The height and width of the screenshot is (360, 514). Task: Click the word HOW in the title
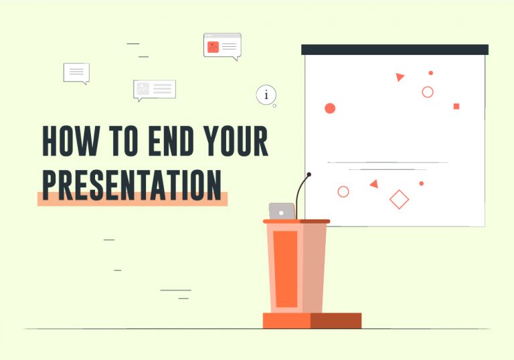[70, 141]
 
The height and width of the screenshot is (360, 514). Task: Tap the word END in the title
[171, 141]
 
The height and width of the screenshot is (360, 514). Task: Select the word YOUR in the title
[236, 141]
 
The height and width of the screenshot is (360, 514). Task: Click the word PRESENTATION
[132, 185]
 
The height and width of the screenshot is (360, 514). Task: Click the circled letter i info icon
[266, 95]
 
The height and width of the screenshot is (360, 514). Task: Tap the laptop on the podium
[282, 211]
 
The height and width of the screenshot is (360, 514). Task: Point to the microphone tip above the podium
[309, 175]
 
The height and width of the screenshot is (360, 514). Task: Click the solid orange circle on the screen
[330, 108]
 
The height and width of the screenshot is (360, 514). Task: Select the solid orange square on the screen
[456, 106]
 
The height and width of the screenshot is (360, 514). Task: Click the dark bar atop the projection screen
[395, 50]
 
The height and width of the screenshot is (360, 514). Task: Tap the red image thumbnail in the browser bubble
[213, 48]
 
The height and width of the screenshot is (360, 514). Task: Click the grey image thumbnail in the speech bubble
[143, 88]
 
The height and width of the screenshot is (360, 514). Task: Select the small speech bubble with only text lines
[76, 72]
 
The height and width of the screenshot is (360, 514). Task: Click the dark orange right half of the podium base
[336, 321]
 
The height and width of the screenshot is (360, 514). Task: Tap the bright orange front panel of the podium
[286, 269]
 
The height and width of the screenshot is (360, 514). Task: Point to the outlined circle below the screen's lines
[343, 187]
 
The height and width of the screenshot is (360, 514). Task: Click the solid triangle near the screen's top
[400, 77]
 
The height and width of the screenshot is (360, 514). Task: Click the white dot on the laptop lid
[281, 213]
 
